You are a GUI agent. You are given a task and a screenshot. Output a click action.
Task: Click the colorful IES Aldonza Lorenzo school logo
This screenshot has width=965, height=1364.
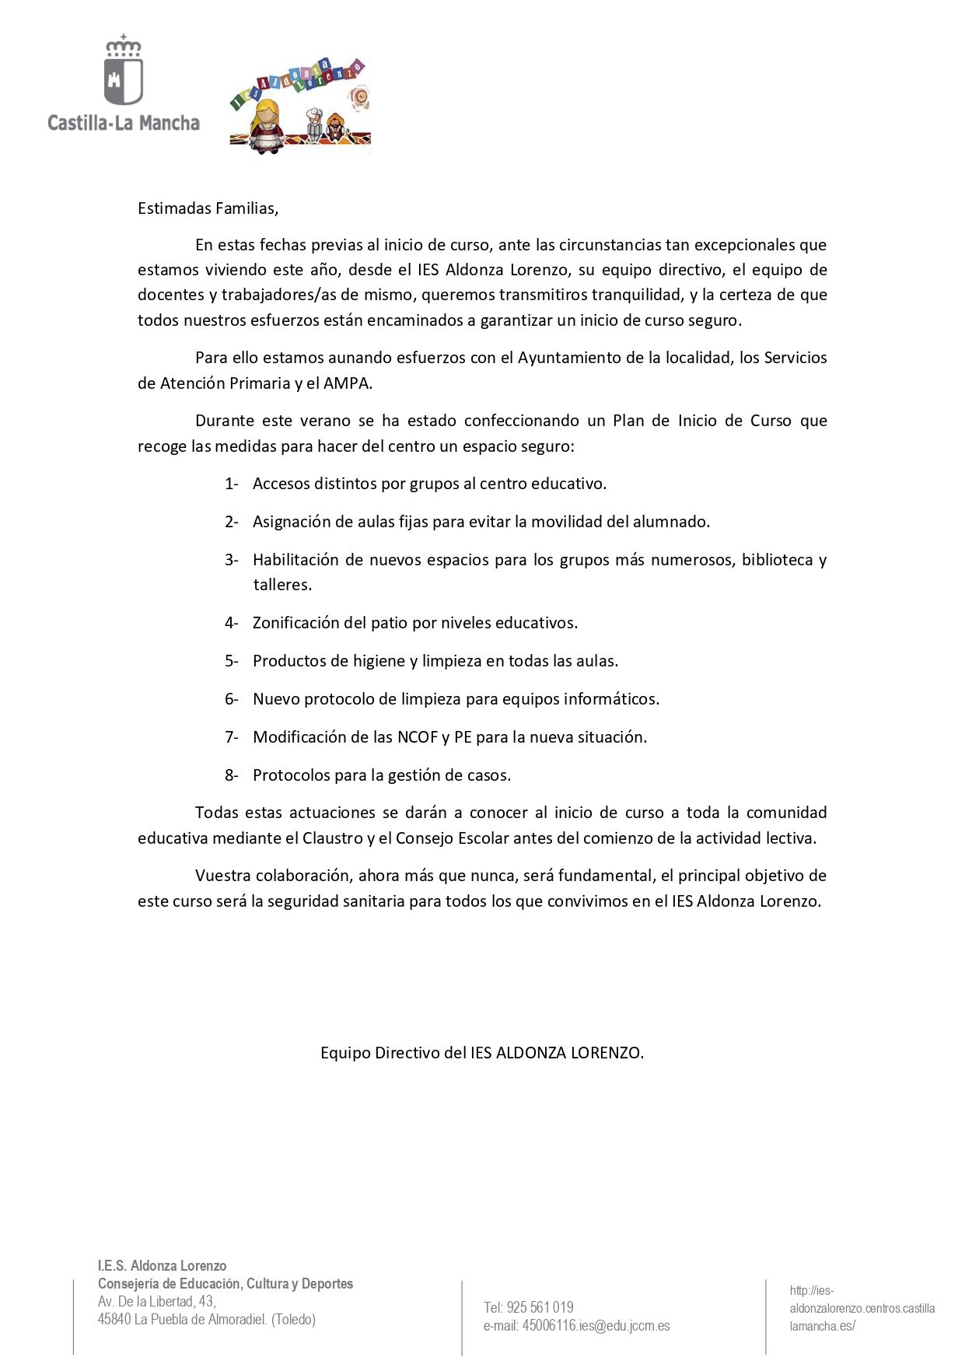[300, 104]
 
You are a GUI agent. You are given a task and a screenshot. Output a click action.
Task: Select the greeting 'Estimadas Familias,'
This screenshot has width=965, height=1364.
[208, 208]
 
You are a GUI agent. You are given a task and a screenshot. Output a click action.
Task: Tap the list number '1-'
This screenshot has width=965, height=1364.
[232, 484]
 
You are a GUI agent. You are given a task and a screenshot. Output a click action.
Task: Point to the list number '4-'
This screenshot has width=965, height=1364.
[232, 623]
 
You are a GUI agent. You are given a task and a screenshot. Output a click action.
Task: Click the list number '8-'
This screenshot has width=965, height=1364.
[232, 775]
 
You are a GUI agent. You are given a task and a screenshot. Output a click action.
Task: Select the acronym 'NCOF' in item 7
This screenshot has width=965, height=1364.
[418, 737]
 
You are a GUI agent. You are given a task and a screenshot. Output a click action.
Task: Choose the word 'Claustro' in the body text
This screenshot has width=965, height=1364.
[333, 838]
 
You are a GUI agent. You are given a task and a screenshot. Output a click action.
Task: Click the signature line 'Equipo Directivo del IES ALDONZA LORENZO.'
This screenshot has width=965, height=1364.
[482, 1053]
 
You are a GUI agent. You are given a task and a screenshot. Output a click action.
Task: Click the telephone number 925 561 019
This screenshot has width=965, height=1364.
[540, 1307]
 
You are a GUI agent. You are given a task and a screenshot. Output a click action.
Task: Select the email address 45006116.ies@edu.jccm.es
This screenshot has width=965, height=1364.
[596, 1326]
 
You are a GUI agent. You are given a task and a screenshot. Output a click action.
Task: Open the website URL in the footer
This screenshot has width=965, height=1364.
[862, 1308]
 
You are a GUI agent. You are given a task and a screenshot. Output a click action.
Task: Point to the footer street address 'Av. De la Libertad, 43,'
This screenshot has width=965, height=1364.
[157, 1301]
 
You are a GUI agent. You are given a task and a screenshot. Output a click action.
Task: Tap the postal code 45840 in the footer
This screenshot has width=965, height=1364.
[114, 1319]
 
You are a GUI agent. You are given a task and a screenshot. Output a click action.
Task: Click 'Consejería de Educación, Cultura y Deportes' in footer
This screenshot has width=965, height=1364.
[226, 1283]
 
